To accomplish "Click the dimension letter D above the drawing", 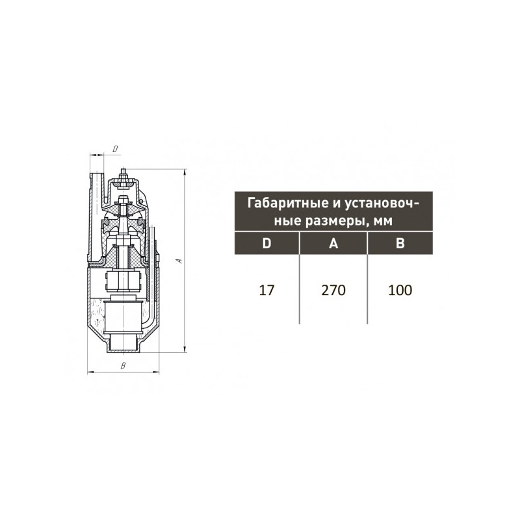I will [x=114, y=149].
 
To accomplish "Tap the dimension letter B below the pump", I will [x=123, y=367].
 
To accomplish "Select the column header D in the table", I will [x=266, y=244].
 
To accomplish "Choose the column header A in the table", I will [x=333, y=244].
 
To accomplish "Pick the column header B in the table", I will [x=400, y=244].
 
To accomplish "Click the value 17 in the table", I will [x=266, y=290].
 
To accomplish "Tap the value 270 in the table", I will [x=333, y=290].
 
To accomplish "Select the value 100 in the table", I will [x=400, y=290].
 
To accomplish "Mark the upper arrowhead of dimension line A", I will [x=185, y=171].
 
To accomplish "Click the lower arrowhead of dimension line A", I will [x=185, y=350].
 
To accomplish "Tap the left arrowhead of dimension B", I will [x=90, y=372].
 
